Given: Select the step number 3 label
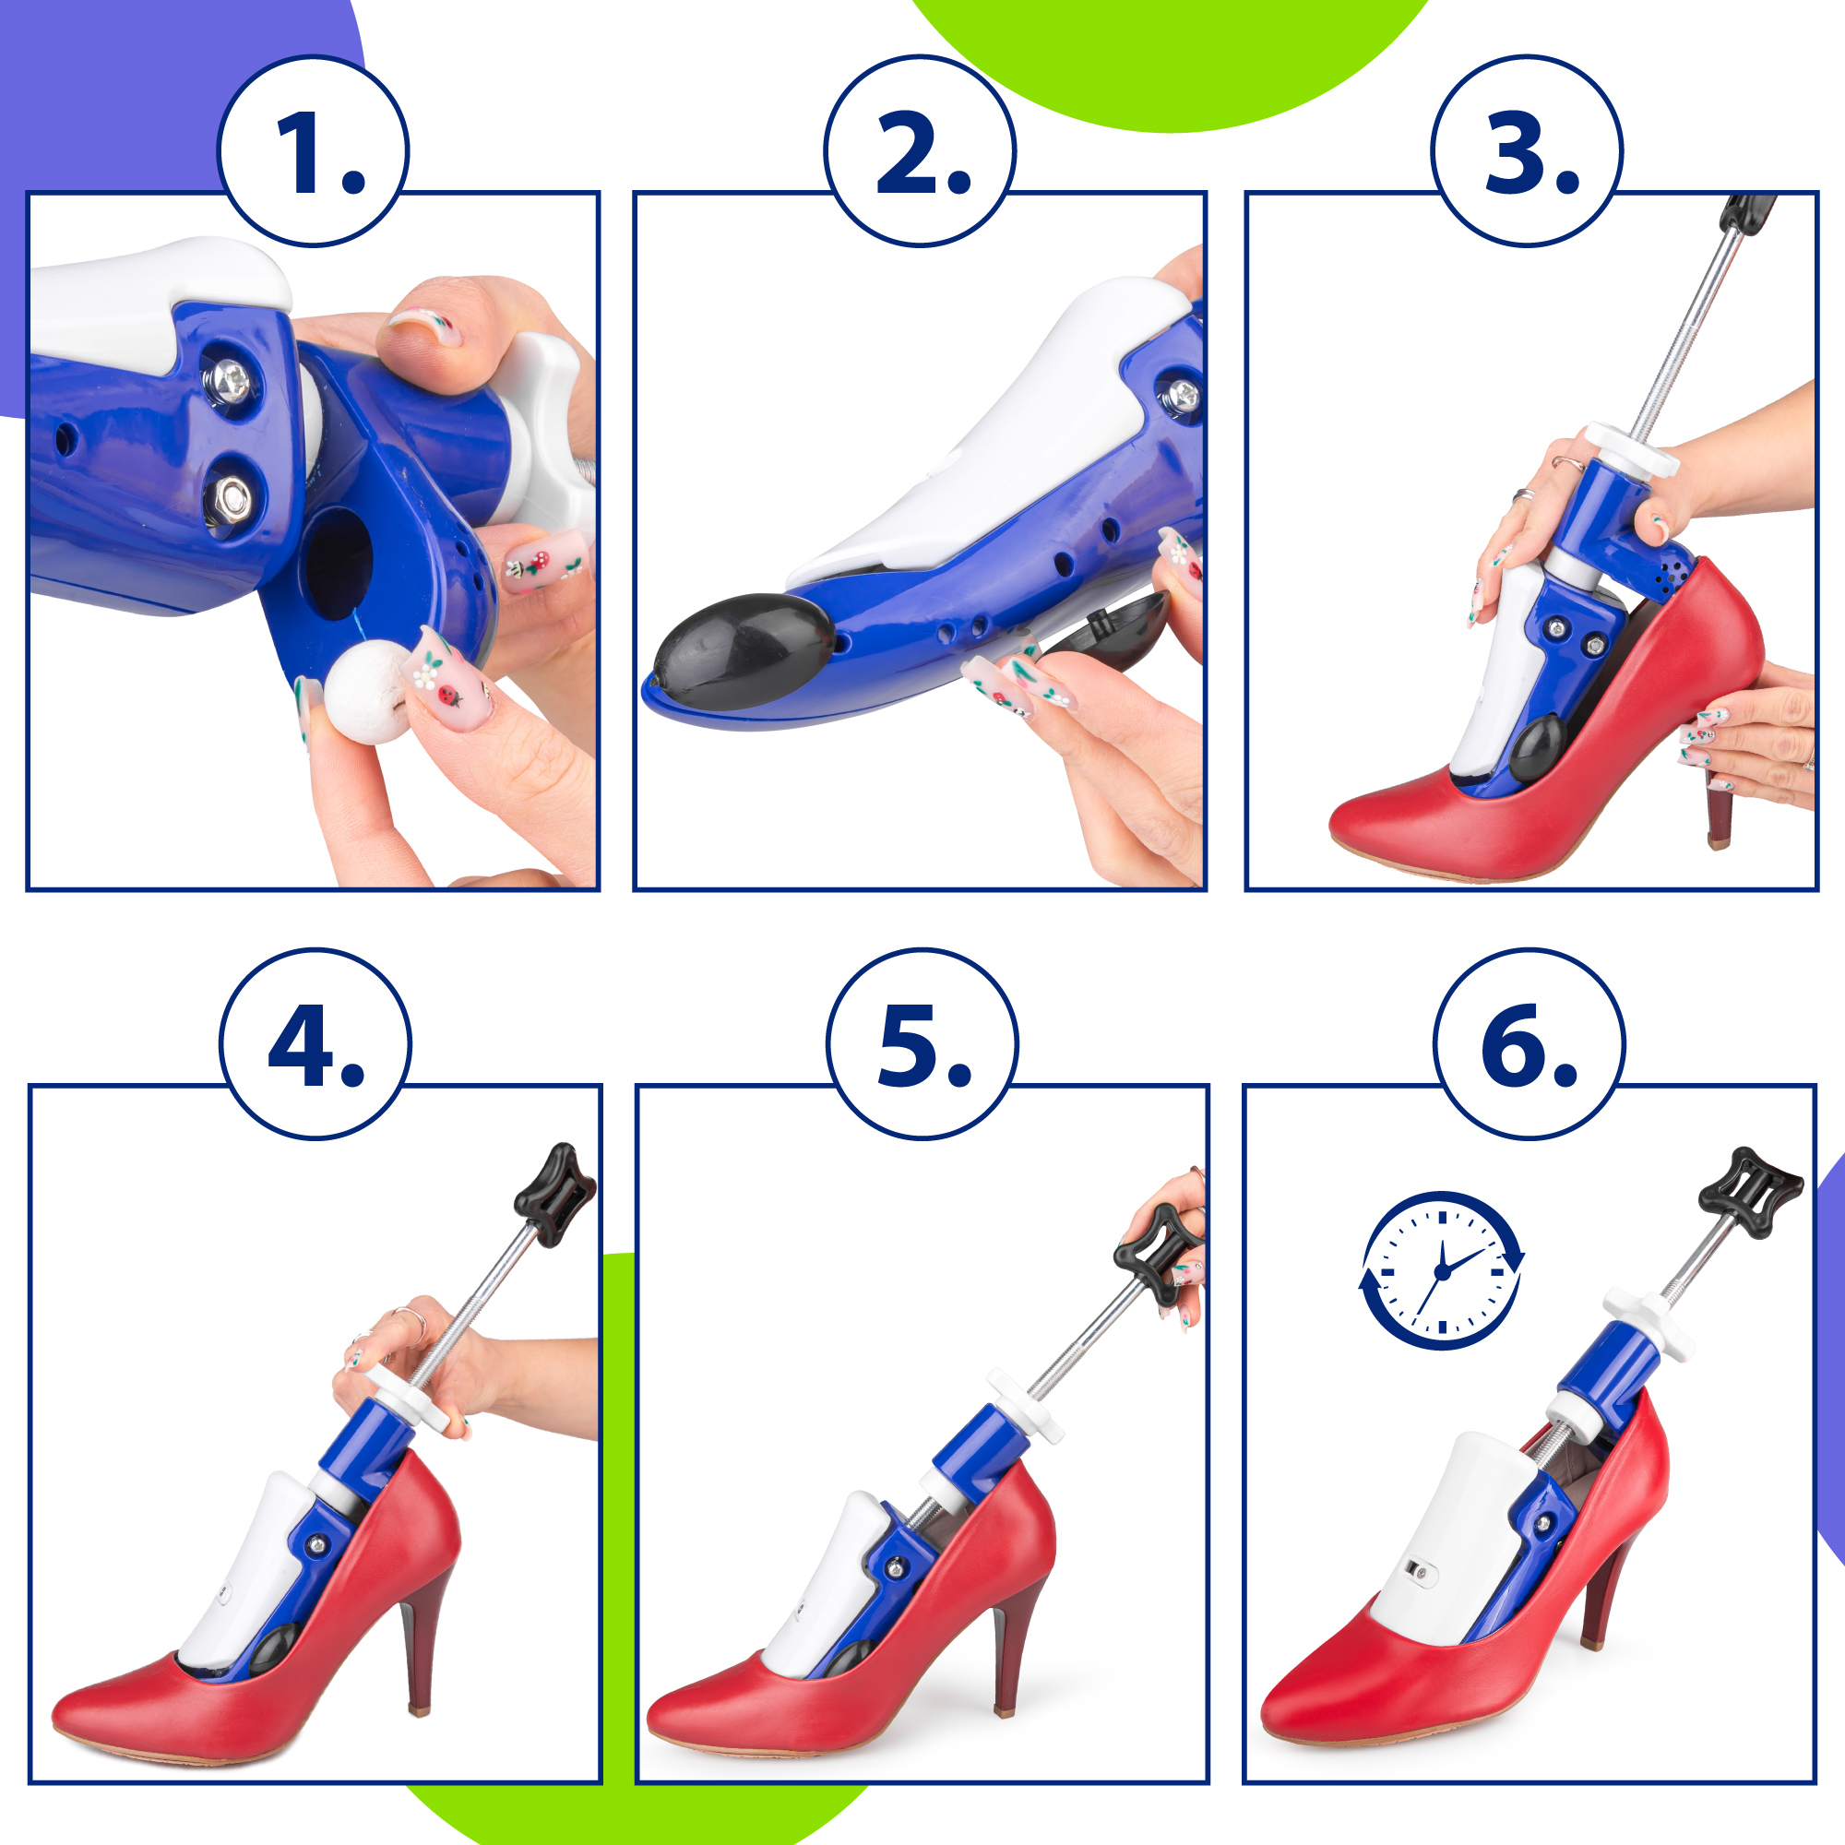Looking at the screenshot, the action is click(1531, 153).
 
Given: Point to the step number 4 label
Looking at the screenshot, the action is click(316, 1046).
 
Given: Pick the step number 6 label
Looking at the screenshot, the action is click(1530, 1046).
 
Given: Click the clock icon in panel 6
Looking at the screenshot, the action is click(1442, 1270).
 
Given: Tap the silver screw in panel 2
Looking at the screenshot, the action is click(1182, 395).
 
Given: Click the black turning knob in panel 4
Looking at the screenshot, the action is click(554, 1195).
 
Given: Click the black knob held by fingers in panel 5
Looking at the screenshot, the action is click(1158, 1254).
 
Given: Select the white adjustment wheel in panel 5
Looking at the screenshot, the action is click(1026, 1405).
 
